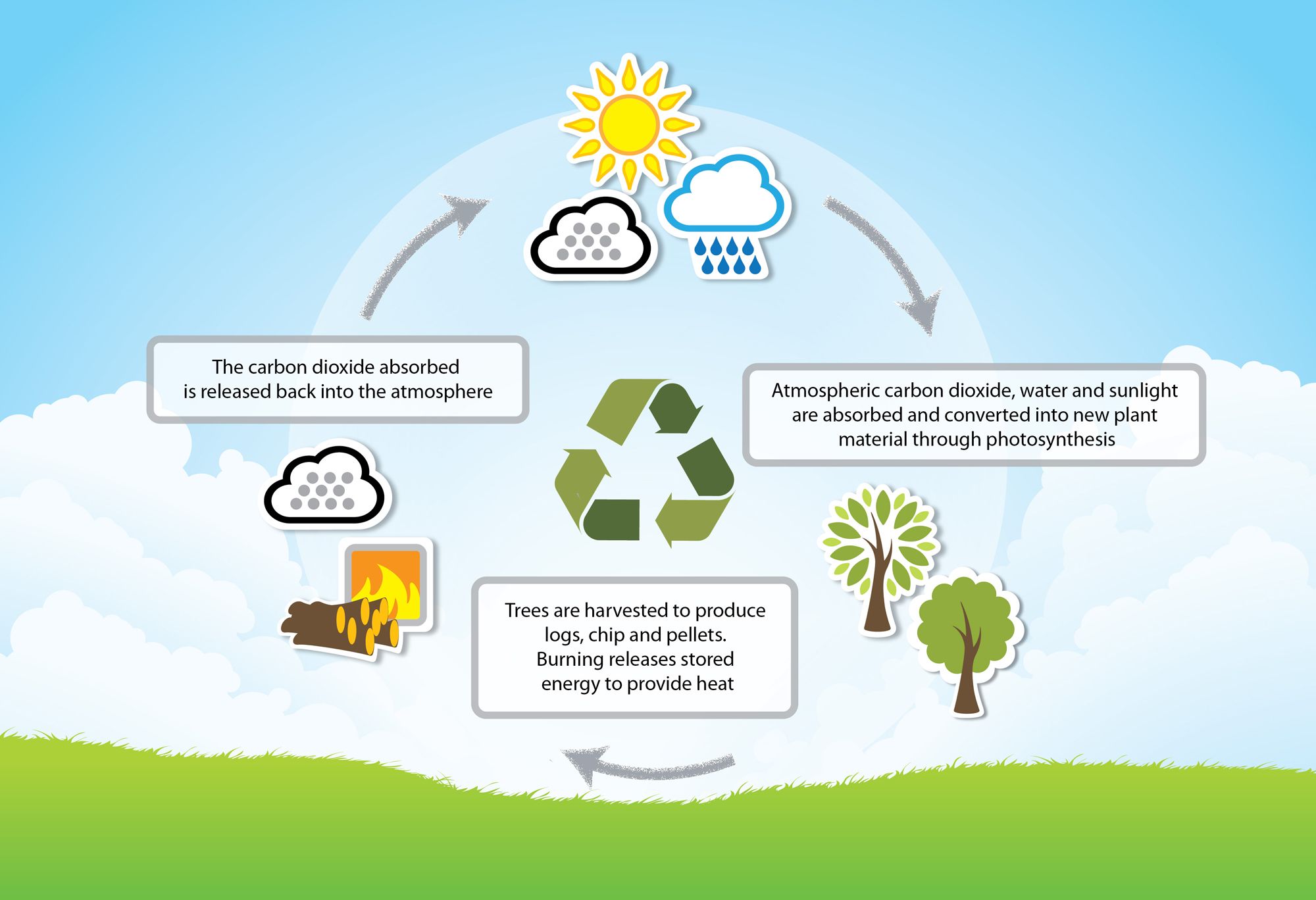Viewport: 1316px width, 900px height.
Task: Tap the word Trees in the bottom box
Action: coord(527,611)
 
